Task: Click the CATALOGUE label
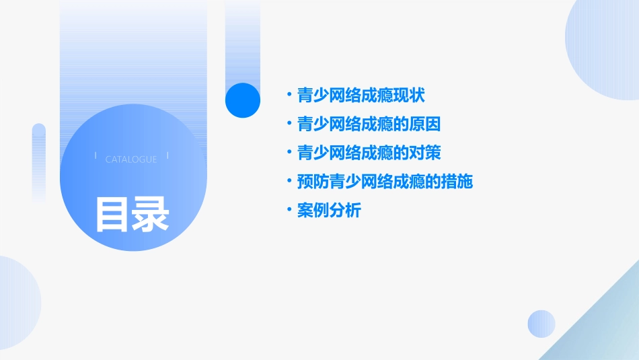point(131,159)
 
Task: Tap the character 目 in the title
point(112,213)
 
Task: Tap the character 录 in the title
point(151,213)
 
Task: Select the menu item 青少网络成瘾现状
point(361,95)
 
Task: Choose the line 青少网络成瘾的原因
point(369,124)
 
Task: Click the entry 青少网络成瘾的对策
point(369,153)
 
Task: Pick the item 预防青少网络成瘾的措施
point(385,182)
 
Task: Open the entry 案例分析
point(329,211)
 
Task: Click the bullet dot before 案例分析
point(289,210)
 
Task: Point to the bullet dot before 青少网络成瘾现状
point(289,95)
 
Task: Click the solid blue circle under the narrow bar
point(243,100)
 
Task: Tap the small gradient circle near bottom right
point(541,324)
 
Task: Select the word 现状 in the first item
point(409,95)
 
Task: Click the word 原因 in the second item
point(425,124)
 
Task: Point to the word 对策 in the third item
point(425,153)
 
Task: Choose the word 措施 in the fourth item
point(457,182)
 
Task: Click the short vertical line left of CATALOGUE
point(96,155)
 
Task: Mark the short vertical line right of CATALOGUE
point(167,155)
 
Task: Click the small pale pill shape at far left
point(38,162)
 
